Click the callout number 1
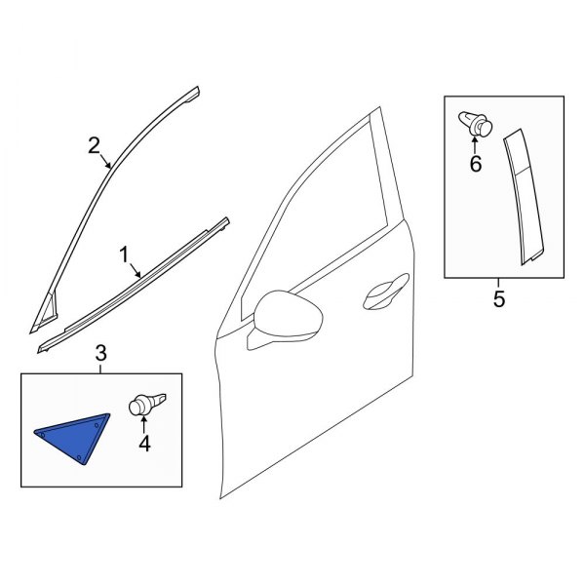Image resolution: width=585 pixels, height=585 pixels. (x=124, y=254)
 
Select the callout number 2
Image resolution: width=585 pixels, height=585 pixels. (x=95, y=146)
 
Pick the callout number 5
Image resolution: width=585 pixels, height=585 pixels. (x=499, y=299)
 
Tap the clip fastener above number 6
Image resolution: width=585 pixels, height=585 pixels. (x=475, y=124)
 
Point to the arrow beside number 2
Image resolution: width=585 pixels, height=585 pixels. (x=107, y=161)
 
